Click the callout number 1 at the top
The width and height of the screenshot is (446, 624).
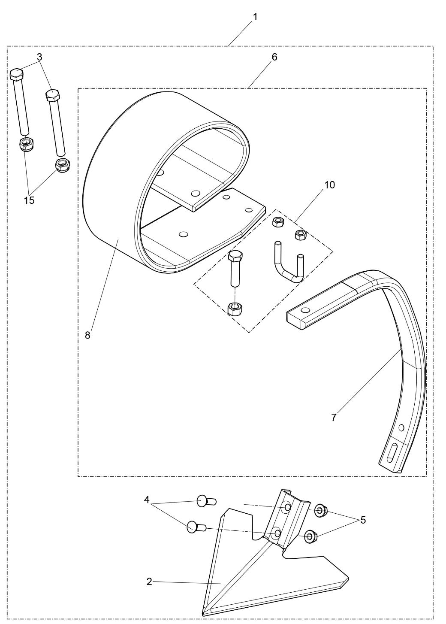point(255,18)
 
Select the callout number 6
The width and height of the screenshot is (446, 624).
point(274,57)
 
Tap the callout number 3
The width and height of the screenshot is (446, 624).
point(39,57)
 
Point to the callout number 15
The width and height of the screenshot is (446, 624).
point(29,200)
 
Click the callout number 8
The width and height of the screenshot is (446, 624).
point(87,335)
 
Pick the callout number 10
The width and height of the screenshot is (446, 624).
point(329,185)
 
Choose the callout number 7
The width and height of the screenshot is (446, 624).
point(334,417)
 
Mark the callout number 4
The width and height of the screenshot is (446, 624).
point(147,500)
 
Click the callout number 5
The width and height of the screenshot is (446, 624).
point(363,520)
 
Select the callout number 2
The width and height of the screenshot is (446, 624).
point(149,582)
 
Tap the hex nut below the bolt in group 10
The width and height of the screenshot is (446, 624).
point(234,308)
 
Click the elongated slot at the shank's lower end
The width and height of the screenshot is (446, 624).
point(392,454)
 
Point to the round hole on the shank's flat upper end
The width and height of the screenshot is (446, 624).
point(305,310)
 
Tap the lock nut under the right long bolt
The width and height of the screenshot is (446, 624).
point(63,164)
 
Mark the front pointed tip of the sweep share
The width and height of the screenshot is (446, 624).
point(204,612)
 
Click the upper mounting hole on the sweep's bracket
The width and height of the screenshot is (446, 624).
point(287,508)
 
